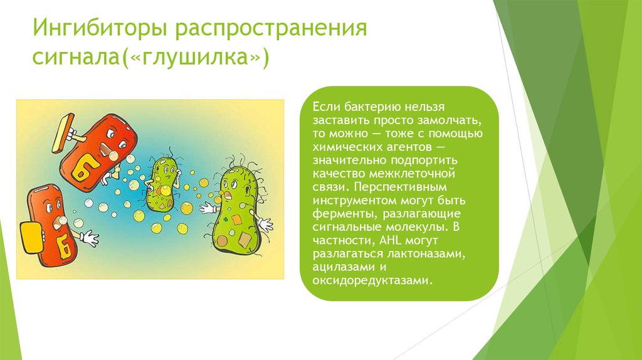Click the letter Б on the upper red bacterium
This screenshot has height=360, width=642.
[x=83, y=167]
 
